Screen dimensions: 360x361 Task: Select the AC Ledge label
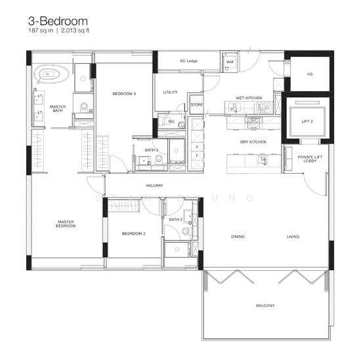coord(189,62)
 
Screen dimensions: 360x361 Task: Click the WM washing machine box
coord(230,62)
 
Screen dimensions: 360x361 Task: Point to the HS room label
coord(310,74)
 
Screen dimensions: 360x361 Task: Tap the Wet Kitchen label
coord(249,98)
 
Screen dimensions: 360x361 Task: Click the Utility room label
coord(171,92)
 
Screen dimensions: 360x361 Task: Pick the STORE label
coord(196,104)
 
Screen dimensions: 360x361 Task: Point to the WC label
coord(171,122)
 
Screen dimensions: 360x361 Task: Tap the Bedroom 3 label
coord(124,94)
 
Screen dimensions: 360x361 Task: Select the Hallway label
coord(155,186)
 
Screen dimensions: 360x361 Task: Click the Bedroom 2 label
coord(134,233)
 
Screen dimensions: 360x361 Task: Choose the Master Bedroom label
coord(66,224)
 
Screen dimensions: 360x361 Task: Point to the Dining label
coord(238,236)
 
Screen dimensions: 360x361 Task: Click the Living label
coord(293,236)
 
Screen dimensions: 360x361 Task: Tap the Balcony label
coord(265,306)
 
